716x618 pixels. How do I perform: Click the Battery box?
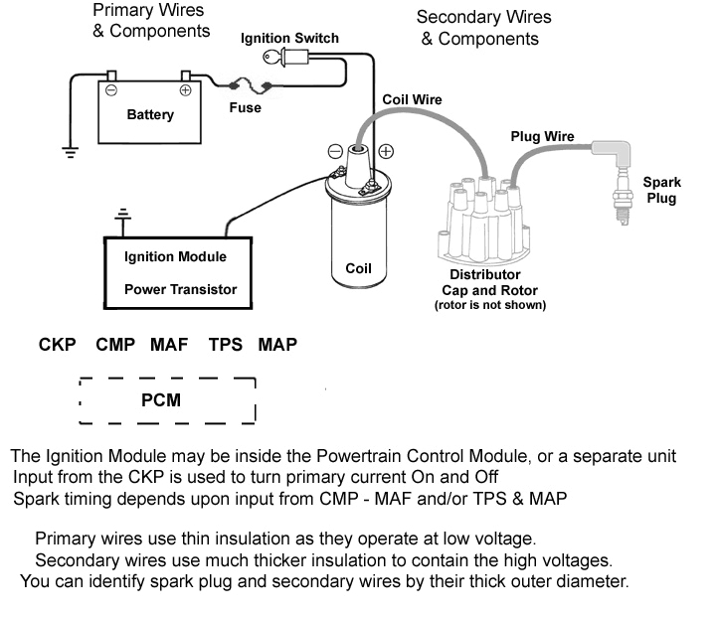(149, 111)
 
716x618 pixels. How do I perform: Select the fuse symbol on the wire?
(246, 85)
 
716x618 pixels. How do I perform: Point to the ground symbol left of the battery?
(70, 151)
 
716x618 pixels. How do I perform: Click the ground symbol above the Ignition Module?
(123, 215)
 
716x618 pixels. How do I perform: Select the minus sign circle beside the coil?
(335, 152)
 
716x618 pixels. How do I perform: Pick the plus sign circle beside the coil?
(386, 152)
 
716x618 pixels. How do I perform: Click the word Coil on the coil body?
(358, 268)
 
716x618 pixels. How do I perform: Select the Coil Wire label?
(413, 99)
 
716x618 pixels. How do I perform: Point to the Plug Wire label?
(542, 136)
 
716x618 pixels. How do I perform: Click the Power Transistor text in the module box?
(180, 290)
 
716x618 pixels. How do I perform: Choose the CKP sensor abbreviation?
(58, 345)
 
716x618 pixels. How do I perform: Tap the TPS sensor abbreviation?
(226, 345)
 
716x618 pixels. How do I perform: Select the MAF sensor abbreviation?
(169, 345)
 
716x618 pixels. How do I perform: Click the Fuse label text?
(245, 107)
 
